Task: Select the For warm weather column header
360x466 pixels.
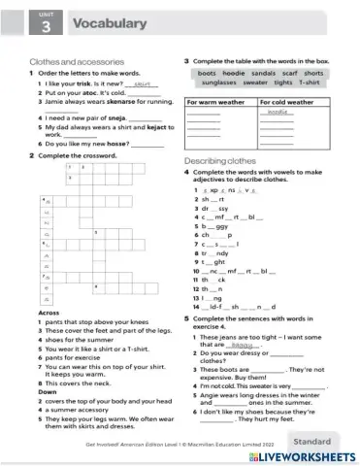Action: point(215,101)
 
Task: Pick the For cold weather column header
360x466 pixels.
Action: point(286,101)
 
